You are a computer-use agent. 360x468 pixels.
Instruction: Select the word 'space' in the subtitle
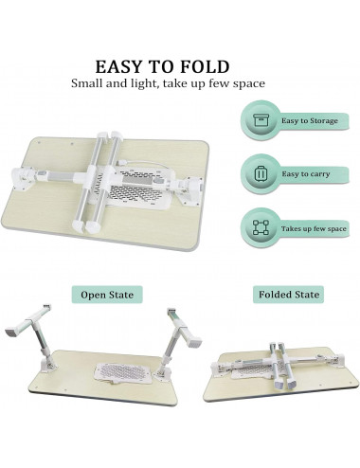pyautogui.click(x=249, y=84)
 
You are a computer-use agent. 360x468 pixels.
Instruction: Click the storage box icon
pyautogui.click(x=261, y=120)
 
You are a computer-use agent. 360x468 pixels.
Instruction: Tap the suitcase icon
pyautogui.click(x=261, y=174)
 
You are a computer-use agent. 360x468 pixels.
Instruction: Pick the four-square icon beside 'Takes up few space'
pyautogui.click(x=261, y=227)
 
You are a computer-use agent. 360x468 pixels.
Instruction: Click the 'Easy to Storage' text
pyautogui.click(x=310, y=121)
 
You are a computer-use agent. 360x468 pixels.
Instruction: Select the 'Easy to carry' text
pyautogui.click(x=306, y=174)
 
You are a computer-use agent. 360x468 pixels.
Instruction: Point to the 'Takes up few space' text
pyautogui.click(x=314, y=228)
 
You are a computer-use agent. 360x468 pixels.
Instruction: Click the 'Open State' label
pyautogui.click(x=107, y=295)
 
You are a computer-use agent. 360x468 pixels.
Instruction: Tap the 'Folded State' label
pyautogui.click(x=289, y=295)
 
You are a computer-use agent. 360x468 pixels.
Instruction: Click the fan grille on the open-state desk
pyautogui.click(x=124, y=373)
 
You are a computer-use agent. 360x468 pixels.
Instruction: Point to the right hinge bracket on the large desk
pyautogui.click(x=189, y=189)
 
